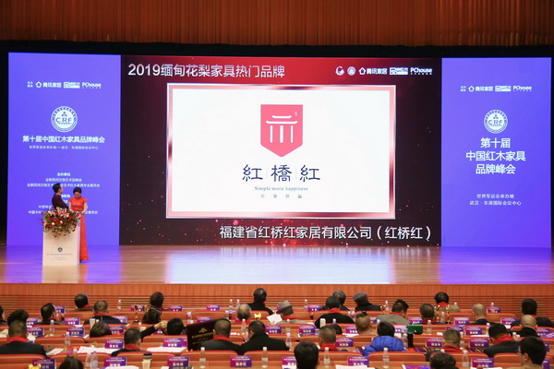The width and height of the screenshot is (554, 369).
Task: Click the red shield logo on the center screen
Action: coord(281,129)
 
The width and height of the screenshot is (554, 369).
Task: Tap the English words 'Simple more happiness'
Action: coord(281,187)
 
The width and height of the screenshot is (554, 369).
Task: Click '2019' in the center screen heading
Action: coord(144,69)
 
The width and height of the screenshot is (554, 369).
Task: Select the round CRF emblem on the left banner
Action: coord(64,118)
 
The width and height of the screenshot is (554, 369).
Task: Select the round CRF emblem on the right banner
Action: coord(496,121)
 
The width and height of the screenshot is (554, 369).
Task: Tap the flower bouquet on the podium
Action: coord(61,221)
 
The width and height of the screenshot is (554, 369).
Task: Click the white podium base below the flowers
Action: coord(60,249)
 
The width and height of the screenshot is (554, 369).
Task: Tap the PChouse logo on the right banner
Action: coord(522,88)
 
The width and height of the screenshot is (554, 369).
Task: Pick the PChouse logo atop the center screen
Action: coord(421,70)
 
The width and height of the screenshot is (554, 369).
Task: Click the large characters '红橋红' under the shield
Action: coord(281,173)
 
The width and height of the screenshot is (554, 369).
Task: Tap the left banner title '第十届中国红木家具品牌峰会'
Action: coord(64,139)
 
